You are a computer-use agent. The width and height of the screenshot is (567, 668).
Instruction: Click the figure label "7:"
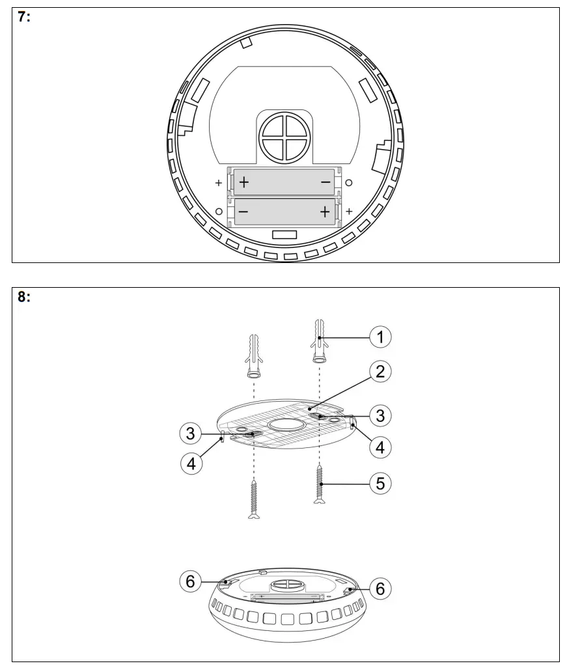(23, 18)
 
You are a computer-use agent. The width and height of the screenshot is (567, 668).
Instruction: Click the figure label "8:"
(23, 298)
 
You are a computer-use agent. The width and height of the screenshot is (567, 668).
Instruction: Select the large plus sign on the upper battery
(243, 183)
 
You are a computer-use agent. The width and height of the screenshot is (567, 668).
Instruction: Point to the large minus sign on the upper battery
(326, 183)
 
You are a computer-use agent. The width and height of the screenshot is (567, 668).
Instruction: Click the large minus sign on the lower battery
(243, 212)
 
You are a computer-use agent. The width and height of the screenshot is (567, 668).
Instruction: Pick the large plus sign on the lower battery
(325, 212)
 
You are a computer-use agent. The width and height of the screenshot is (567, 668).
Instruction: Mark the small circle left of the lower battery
(219, 212)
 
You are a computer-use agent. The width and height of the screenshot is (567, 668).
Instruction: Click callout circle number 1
(381, 337)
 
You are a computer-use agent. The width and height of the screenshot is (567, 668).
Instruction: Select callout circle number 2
(381, 371)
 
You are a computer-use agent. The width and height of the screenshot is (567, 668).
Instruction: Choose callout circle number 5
(381, 483)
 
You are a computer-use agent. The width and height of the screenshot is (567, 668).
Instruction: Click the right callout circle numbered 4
(381, 447)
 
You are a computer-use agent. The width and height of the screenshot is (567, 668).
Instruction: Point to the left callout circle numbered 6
(190, 581)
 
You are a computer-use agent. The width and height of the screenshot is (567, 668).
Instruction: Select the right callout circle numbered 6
(381, 588)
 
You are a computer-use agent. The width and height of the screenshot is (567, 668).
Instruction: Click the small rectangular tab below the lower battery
(284, 234)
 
